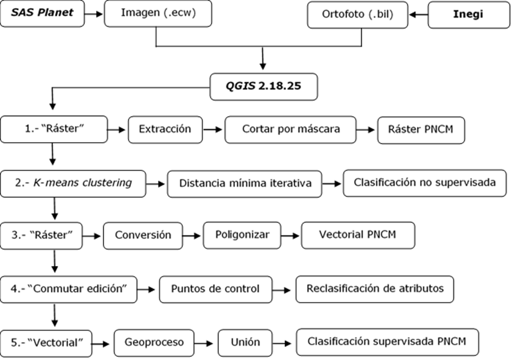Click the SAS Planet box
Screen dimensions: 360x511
(x=42, y=13)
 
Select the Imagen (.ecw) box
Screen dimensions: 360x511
(x=157, y=13)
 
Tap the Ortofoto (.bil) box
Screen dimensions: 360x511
(x=357, y=15)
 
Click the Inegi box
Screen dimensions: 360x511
(x=468, y=15)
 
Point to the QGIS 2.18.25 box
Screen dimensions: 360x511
(x=263, y=86)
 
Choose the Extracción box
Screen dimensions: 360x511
(x=165, y=130)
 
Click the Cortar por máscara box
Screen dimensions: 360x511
(x=290, y=130)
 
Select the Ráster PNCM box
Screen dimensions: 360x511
(x=421, y=130)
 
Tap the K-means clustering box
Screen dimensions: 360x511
(x=73, y=183)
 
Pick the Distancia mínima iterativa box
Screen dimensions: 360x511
(x=244, y=184)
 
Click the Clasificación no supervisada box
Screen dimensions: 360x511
(x=424, y=183)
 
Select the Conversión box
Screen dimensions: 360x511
(x=143, y=235)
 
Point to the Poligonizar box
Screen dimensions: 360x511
(x=242, y=235)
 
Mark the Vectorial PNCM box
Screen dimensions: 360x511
(x=357, y=235)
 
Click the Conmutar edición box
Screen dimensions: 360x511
(x=68, y=289)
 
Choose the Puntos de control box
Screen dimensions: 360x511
(x=215, y=289)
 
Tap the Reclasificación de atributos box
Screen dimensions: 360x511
(x=374, y=289)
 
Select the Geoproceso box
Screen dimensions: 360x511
(x=154, y=343)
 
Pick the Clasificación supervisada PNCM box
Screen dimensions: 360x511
(x=387, y=342)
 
